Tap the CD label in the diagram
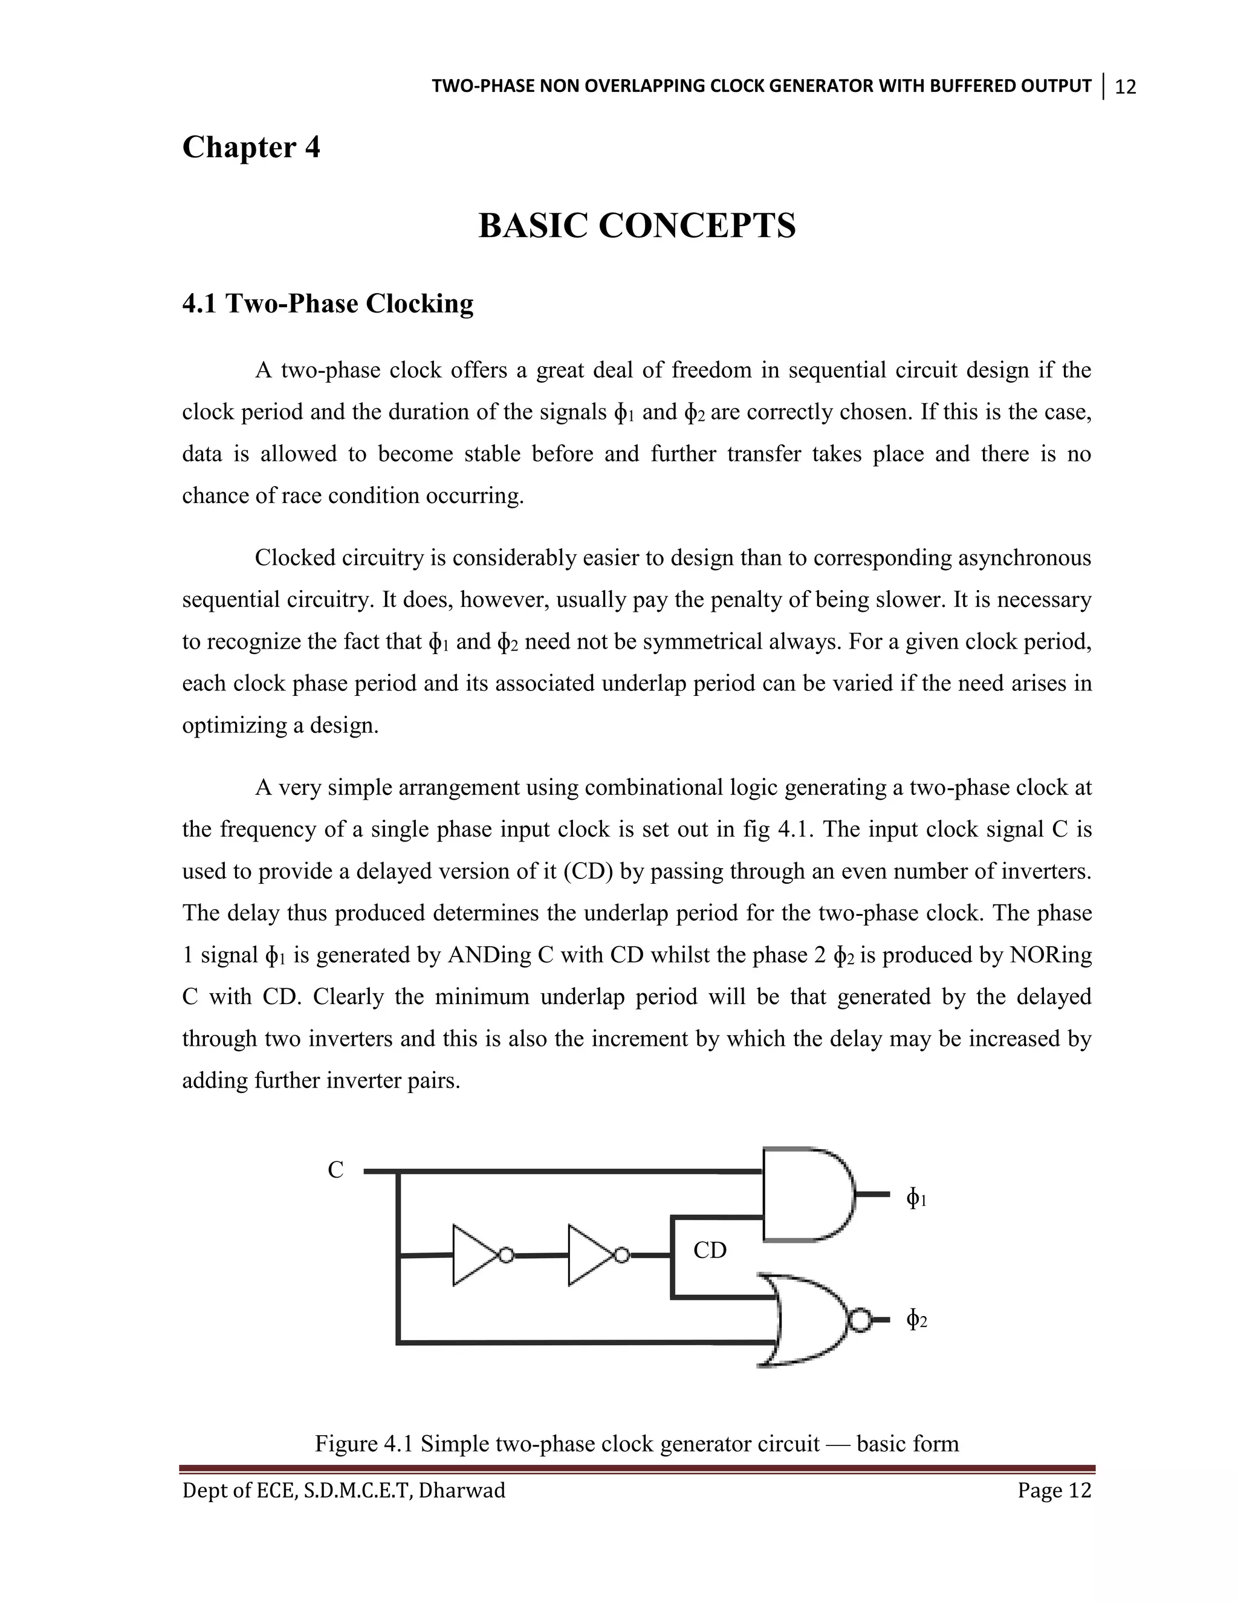pos(709,1251)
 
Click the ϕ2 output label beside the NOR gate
pos(916,1321)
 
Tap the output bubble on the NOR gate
pos(860,1321)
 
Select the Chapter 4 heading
pos(251,148)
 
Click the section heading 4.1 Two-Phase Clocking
pos(328,303)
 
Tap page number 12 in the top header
pos(1125,87)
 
